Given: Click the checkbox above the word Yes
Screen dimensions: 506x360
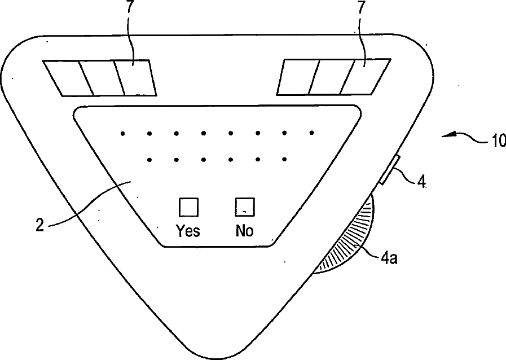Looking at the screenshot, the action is (188, 207).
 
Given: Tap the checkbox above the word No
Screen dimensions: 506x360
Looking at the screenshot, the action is (245, 207).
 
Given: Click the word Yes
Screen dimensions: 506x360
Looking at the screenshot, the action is (188, 231).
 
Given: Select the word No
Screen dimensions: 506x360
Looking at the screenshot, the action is (245, 231).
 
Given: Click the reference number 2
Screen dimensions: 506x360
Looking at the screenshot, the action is (39, 224).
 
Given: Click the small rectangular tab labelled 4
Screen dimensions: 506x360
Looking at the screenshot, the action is (389, 170).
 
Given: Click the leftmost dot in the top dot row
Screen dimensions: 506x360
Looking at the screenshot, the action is (122, 134).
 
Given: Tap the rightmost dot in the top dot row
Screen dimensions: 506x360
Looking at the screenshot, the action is (311, 133).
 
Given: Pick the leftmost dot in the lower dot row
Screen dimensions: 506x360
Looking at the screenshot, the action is (149, 160).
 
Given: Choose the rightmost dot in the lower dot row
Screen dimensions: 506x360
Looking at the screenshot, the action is (284, 160).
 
